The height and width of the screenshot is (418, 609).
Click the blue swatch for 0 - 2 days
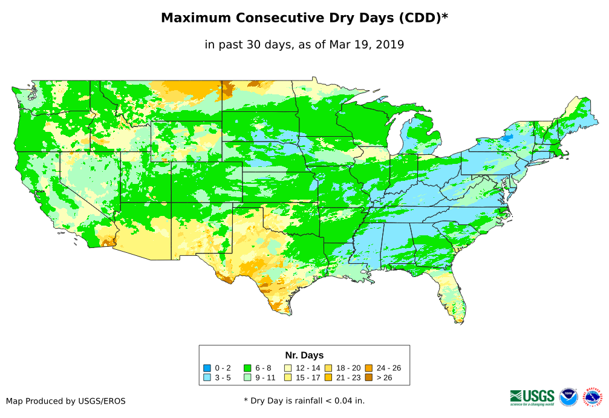(207, 368)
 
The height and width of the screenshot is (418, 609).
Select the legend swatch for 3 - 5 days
(207, 377)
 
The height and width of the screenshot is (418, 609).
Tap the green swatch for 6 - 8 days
(247, 368)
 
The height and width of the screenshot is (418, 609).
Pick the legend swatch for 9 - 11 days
(247, 377)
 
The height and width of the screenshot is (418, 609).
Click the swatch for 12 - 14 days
(288, 368)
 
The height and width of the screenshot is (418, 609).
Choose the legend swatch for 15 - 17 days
(288, 377)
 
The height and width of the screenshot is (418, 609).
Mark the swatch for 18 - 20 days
(328, 368)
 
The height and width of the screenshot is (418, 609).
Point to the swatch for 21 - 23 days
(328, 377)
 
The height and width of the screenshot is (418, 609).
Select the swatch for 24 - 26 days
(368, 368)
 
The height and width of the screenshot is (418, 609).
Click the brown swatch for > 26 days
(368, 377)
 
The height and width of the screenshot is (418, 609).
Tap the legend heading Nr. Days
(304, 355)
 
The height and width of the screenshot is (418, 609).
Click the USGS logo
(532, 397)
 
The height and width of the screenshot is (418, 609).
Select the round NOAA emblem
(568, 397)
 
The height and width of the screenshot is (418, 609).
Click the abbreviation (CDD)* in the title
(423, 18)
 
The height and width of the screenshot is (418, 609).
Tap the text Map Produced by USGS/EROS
(66, 401)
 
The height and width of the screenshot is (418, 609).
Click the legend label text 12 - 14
(308, 368)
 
